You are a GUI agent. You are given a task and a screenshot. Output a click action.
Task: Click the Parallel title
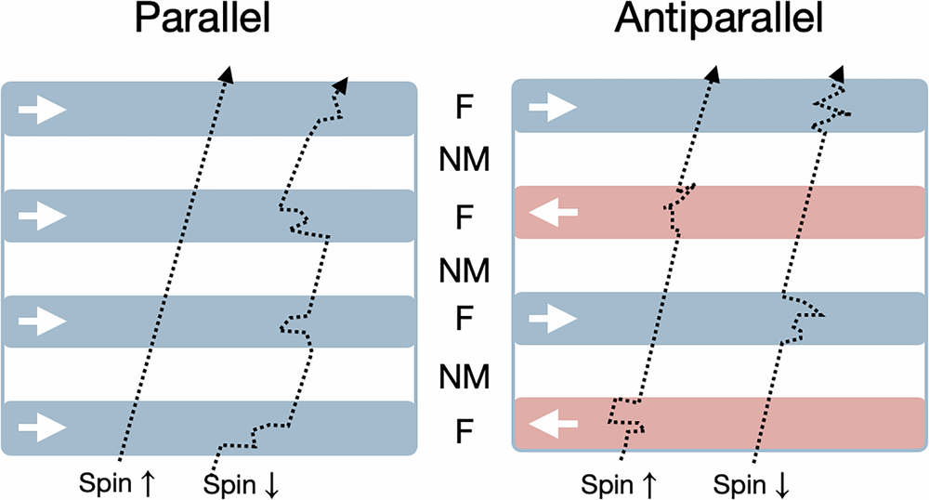pos(203,21)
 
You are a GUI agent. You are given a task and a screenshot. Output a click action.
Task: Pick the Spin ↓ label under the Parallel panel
pos(240,483)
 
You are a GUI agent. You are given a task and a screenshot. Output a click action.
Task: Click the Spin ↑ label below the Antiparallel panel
pos(620,483)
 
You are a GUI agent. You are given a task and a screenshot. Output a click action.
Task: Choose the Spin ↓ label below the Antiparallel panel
pos(753,483)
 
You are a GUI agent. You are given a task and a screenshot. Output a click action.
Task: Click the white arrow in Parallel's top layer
pos(43,110)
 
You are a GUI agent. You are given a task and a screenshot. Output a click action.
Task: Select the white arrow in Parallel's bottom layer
pos(43,428)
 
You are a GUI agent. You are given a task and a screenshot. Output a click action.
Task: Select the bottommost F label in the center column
pos(464,430)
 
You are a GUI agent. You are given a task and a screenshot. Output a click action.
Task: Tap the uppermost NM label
pos(464,164)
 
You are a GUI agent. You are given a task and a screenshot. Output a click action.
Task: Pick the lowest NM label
pos(464,377)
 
